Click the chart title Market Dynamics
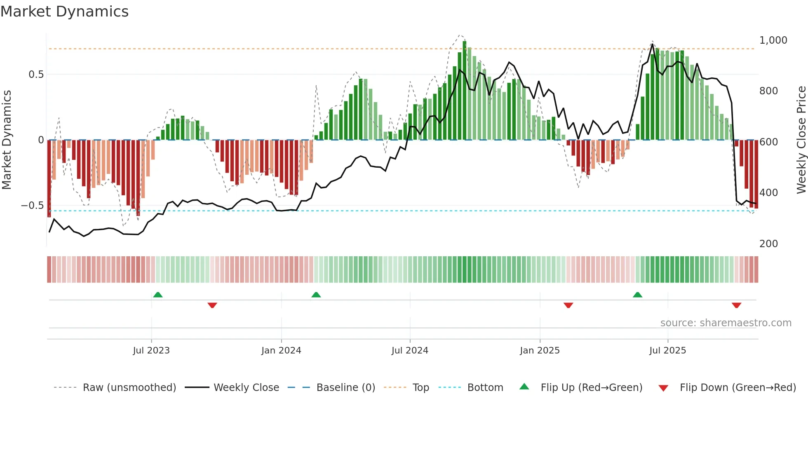(64, 12)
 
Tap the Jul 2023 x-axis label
(151, 351)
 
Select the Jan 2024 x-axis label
(281, 351)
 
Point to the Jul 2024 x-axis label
(410, 351)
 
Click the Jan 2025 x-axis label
(540, 351)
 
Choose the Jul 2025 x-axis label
(667, 351)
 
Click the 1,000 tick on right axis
(773, 40)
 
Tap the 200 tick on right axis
(768, 244)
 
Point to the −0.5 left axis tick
(33, 206)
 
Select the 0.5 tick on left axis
(36, 75)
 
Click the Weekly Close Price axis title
(801, 140)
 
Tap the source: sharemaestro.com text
(726, 323)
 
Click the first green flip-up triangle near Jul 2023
(158, 295)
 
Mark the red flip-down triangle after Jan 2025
(568, 305)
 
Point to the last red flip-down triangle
(736, 305)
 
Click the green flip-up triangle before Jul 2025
(637, 295)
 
